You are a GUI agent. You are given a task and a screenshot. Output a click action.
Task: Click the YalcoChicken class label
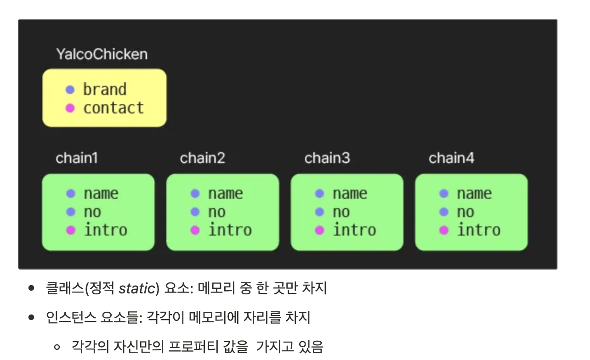tap(102, 54)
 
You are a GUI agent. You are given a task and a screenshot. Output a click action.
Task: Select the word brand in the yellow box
tap(105, 90)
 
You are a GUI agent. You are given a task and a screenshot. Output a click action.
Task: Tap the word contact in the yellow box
tap(113, 108)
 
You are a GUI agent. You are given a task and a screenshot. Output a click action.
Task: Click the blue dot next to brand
tap(70, 90)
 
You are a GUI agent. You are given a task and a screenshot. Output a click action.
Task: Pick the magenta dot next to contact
tap(70, 108)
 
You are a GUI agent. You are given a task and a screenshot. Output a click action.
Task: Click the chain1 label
tap(77, 158)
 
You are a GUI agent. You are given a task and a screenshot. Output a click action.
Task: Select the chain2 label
tap(203, 158)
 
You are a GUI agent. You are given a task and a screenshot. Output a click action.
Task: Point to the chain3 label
tap(327, 158)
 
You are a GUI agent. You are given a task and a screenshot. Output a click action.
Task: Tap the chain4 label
tap(452, 158)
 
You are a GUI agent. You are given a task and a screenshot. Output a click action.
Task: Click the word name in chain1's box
tap(101, 194)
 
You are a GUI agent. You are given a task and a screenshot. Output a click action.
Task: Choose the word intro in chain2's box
tap(230, 230)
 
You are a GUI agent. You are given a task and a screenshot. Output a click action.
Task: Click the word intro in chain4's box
tap(479, 230)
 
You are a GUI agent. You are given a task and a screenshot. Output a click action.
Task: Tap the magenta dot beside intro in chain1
tap(71, 230)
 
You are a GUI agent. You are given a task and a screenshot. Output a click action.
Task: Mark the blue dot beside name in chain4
tap(444, 194)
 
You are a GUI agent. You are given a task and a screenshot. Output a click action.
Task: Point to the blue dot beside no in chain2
tap(195, 212)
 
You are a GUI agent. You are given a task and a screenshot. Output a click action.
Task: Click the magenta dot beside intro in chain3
tap(320, 230)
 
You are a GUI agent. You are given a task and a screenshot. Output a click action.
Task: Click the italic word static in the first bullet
tap(136, 289)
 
